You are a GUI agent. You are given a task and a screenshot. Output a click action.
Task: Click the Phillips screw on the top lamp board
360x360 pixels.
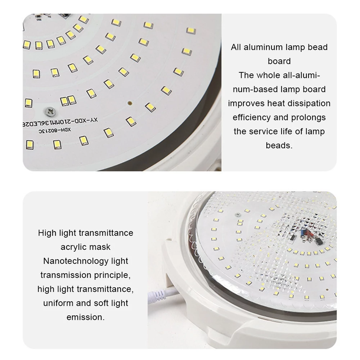click(50, 112)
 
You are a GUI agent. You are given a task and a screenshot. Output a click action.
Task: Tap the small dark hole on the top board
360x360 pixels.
click(130, 103)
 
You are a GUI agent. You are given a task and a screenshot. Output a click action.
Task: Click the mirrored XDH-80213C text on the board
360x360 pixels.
click(55, 131)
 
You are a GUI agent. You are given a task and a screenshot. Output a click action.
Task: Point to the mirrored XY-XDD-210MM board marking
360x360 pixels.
click(60, 122)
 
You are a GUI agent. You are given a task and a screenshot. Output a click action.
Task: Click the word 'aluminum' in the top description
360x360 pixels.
click(263, 47)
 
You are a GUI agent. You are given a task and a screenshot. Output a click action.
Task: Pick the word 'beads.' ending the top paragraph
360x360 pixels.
click(279, 145)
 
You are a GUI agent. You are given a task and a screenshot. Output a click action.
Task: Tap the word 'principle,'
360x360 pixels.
click(112, 275)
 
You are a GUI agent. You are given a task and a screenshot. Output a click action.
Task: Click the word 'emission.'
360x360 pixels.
click(86, 317)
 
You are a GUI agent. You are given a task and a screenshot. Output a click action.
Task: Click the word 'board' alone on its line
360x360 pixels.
click(279, 61)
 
